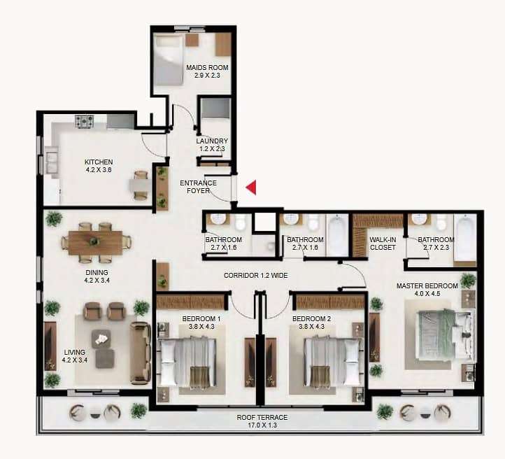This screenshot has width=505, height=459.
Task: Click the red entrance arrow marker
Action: [252, 188]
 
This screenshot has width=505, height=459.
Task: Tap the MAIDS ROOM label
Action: [207, 68]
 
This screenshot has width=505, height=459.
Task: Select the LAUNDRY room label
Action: [212, 141]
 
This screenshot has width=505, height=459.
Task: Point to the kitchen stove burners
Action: [85, 122]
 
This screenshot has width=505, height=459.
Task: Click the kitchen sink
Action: [52, 162]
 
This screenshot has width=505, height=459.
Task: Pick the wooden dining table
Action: [95, 243]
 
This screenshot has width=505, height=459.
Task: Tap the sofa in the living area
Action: [140, 353]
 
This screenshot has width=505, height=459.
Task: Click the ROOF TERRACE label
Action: [262, 418]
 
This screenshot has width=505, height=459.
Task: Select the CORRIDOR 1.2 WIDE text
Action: [256, 276]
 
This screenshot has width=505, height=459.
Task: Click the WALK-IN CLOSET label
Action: [383, 243]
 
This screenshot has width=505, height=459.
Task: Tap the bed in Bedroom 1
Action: [188, 361]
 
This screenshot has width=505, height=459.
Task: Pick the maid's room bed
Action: [167, 60]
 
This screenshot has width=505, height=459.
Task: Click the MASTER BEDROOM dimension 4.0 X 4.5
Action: [427, 294]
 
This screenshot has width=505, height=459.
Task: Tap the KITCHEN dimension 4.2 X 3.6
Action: [99, 170]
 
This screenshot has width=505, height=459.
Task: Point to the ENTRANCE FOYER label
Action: [198, 187]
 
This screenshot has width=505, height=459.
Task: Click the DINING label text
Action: [97, 272]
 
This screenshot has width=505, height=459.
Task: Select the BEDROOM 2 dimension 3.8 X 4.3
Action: [311, 327]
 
